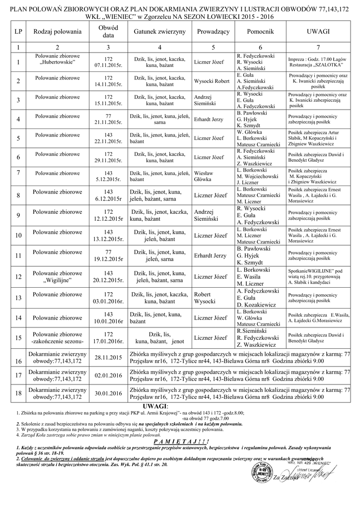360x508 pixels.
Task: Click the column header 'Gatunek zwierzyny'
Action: coord(159,31)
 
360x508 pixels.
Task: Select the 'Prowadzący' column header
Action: coord(213,31)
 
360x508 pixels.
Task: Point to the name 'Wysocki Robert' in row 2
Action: coord(212,81)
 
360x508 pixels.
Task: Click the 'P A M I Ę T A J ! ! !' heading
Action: coord(180,441)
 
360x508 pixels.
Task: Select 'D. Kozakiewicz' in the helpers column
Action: coord(258,304)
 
